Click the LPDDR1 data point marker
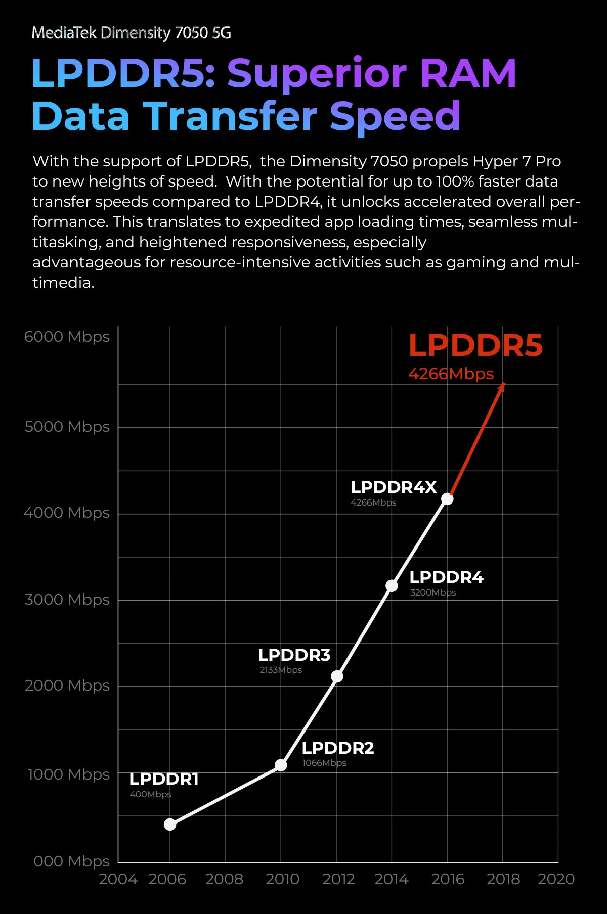tap(170, 825)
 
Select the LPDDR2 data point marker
tap(281, 765)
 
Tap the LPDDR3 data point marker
tap(337, 676)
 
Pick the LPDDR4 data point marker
tap(392, 585)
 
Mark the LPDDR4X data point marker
tap(447, 499)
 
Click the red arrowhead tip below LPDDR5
tap(504, 383)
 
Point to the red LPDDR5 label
tap(475, 346)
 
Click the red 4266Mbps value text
tap(451, 374)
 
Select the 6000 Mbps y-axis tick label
tap(67, 337)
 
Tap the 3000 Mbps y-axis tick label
tap(67, 600)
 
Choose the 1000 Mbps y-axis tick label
tap(69, 774)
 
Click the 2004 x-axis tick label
tap(118, 879)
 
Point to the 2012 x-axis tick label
tap(339, 879)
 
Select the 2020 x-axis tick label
tap(556, 879)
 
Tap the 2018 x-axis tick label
tap(503, 879)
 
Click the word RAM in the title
tap(468, 73)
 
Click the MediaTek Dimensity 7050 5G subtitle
tap(132, 33)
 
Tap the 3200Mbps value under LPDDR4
tap(433, 592)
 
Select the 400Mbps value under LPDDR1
tap(150, 794)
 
